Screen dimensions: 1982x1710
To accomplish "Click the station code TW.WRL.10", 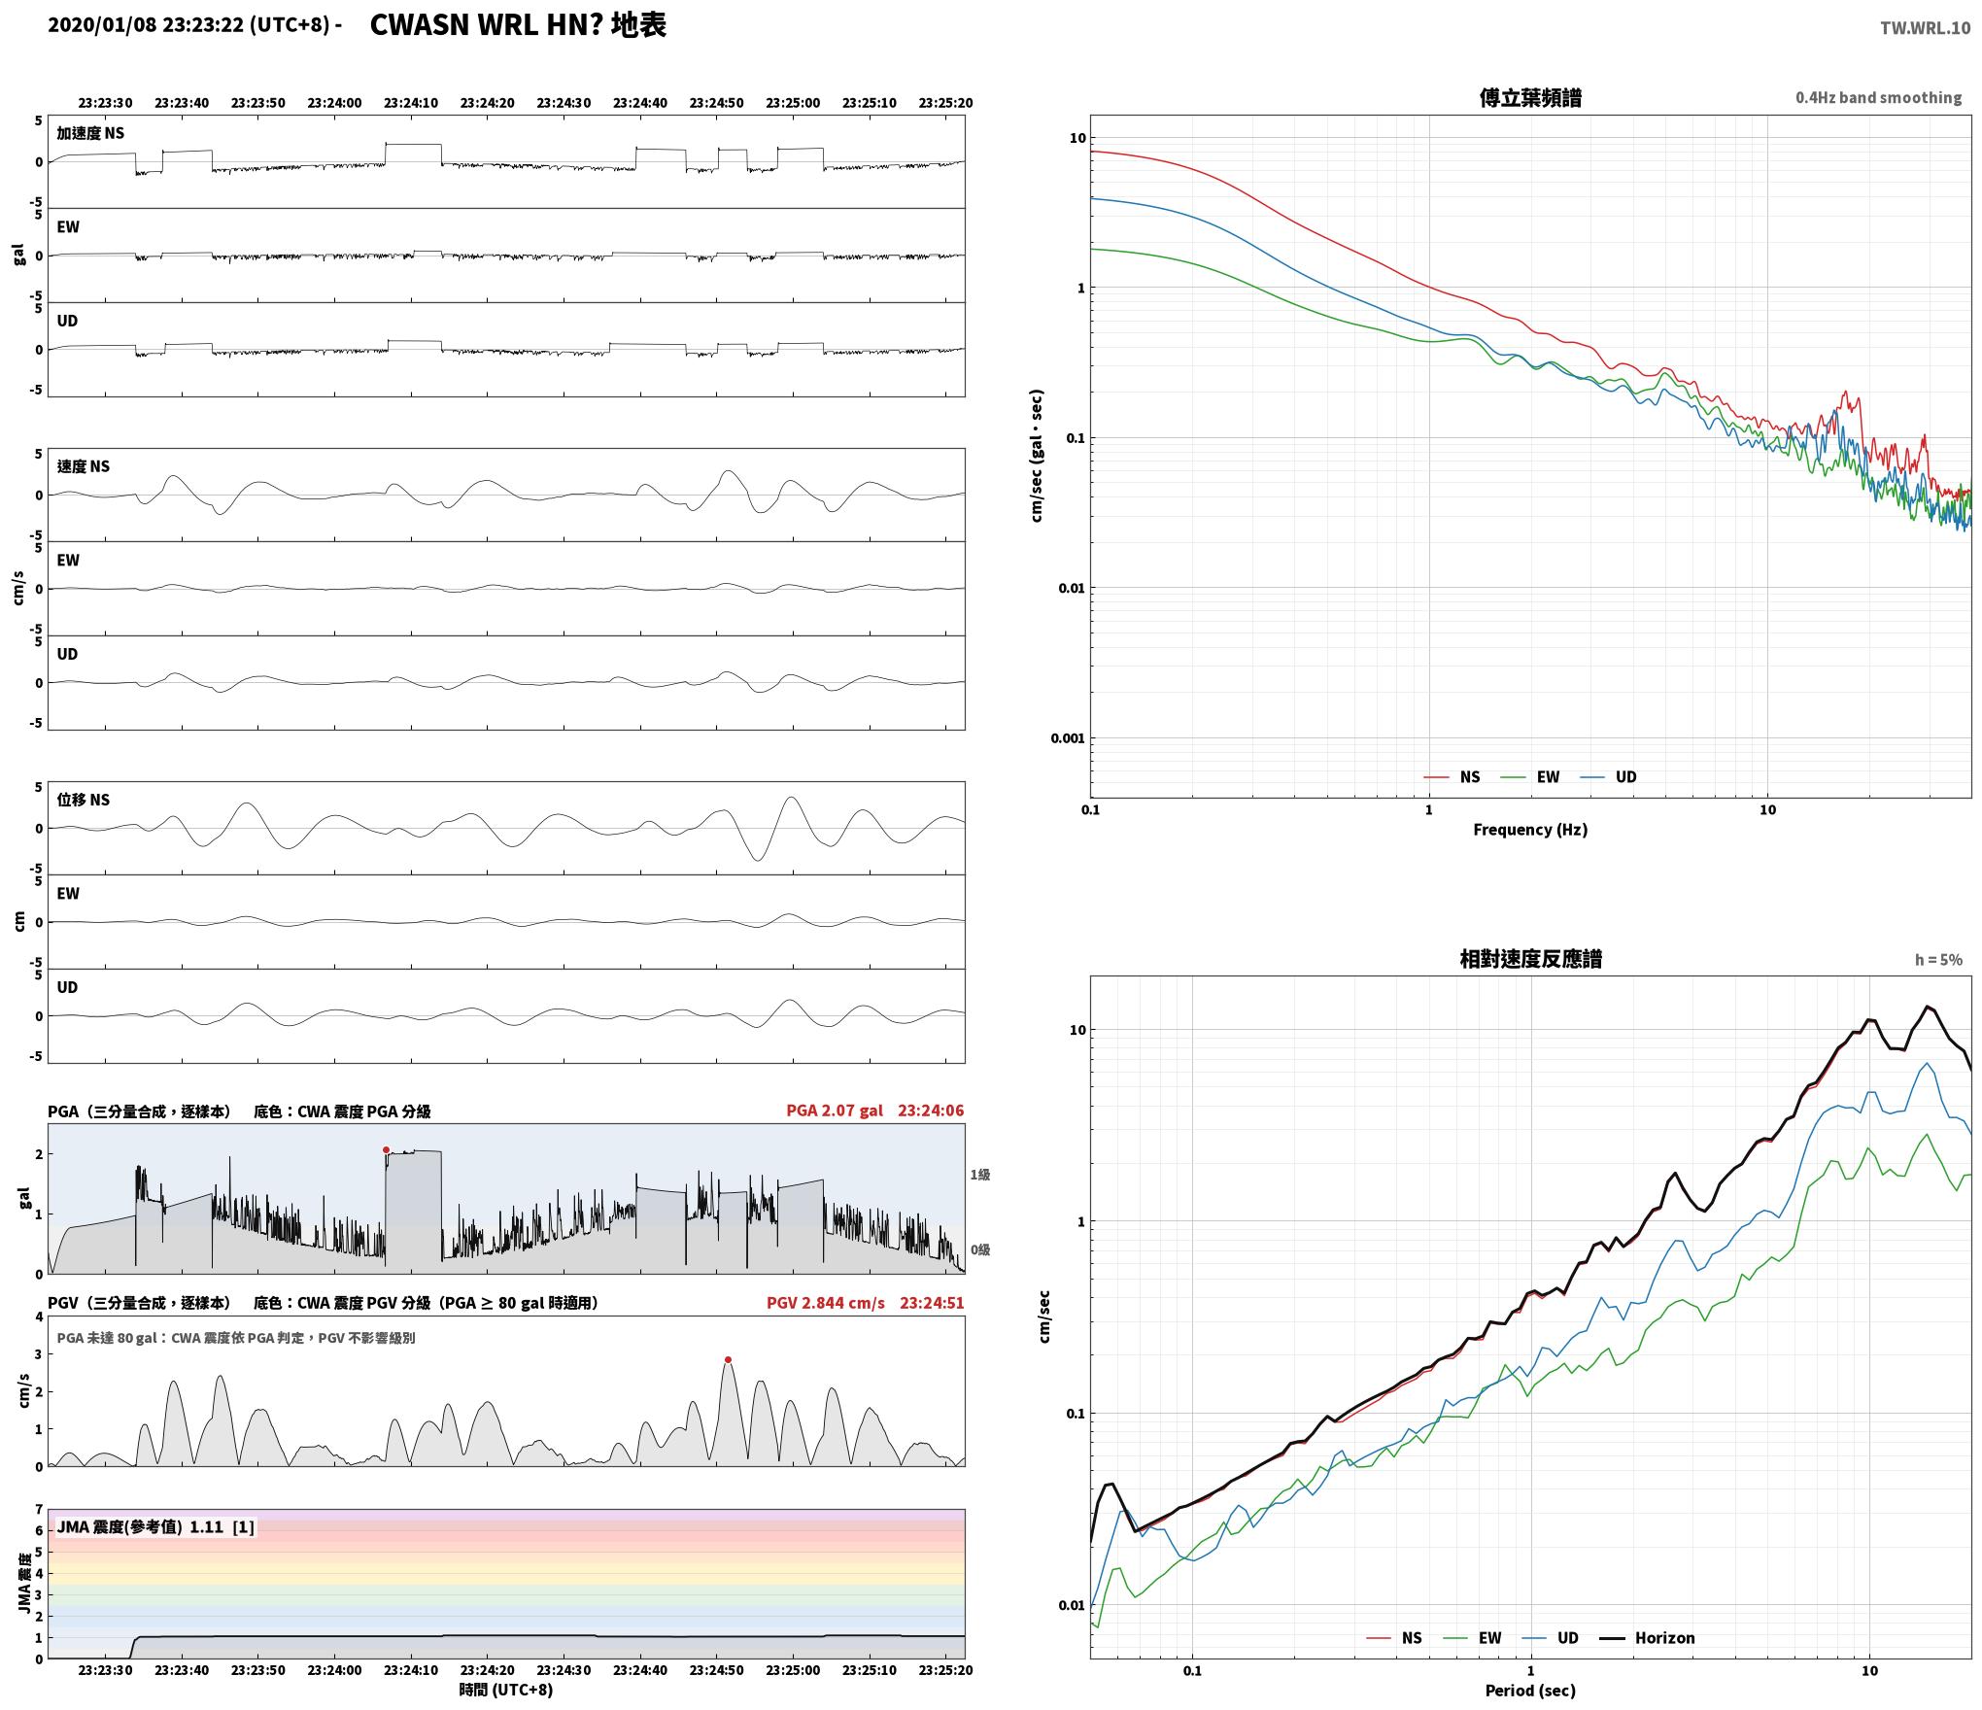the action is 1925,28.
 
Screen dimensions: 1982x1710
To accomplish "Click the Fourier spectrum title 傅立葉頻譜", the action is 1530,98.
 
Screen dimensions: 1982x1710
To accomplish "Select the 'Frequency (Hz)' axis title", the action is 1530,830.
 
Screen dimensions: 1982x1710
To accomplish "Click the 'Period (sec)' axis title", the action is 1530,1691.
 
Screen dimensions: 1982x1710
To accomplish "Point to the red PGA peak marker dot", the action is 386,1150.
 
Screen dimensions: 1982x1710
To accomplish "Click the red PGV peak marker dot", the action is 728,1360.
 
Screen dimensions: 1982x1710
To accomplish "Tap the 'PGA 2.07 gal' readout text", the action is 835,1111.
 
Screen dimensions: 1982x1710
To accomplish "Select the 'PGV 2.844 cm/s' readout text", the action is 826,1303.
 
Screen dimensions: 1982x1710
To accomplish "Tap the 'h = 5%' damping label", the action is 1938,960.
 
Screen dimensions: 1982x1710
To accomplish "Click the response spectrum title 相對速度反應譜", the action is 1530,959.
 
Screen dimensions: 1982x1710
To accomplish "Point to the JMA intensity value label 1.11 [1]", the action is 222,1527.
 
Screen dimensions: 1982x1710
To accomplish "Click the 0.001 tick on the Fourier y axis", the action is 1068,738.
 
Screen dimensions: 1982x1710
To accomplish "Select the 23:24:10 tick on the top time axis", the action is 411,103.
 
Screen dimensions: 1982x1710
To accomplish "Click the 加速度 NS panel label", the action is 90,133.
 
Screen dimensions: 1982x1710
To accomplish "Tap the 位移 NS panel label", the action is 84,800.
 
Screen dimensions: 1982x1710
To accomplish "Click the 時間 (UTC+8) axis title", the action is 506,1690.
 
